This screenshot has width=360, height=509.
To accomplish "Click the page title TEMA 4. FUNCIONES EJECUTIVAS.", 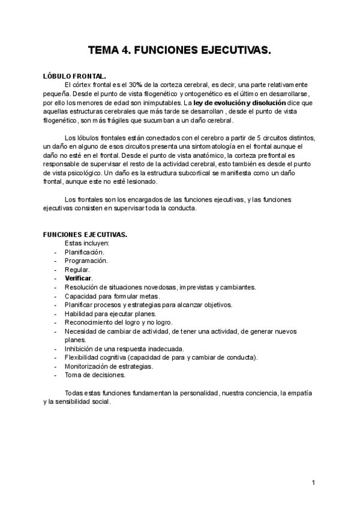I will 180,52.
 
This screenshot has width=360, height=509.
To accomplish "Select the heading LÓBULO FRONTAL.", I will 75,77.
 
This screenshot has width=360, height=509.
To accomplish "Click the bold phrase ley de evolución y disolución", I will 226,103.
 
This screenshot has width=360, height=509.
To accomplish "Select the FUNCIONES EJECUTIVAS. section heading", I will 85,235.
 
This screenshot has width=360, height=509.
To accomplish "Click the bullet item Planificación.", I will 88,252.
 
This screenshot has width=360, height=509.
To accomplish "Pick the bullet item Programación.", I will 86,261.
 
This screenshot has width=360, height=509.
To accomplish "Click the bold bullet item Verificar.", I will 79,279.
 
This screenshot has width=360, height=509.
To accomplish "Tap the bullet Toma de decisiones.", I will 95,375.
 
